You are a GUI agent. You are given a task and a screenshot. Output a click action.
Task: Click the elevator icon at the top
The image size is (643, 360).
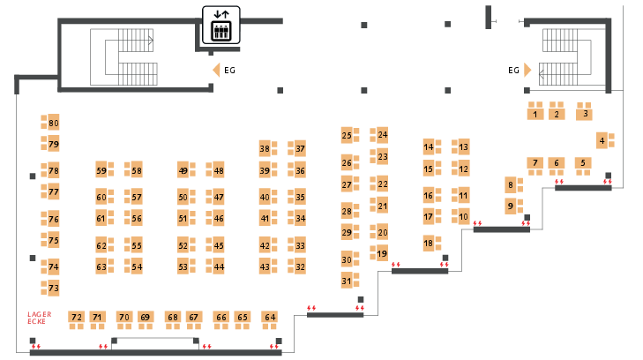221,25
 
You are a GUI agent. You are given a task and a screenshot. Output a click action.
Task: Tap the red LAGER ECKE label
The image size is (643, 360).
40,317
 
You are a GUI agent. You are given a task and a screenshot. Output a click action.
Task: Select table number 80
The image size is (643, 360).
53,123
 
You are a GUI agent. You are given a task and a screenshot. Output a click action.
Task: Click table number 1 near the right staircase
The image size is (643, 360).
535,114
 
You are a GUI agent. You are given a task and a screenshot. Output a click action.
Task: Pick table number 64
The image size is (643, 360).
270,317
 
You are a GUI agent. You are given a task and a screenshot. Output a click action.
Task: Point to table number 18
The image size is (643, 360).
428,244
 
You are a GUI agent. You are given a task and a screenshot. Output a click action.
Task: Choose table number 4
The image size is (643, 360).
602,140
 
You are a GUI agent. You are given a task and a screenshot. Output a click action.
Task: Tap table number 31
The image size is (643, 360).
347,281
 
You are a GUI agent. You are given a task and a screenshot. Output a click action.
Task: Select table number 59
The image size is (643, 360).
101,170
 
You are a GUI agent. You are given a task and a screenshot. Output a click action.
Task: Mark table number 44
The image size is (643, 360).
219,266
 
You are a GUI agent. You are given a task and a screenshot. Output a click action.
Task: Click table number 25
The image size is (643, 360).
347,136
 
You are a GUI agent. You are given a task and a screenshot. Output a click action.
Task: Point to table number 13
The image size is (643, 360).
463,146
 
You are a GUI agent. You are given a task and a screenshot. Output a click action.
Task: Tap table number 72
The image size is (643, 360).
77,317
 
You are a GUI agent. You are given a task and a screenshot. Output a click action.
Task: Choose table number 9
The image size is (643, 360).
510,206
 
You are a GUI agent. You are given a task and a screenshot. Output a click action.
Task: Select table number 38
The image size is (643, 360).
265,148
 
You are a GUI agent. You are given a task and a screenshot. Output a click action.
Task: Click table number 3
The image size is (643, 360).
584,114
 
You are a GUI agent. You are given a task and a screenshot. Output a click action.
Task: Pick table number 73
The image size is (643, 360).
53,289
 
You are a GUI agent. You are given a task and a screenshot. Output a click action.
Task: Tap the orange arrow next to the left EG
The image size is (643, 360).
214,70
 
